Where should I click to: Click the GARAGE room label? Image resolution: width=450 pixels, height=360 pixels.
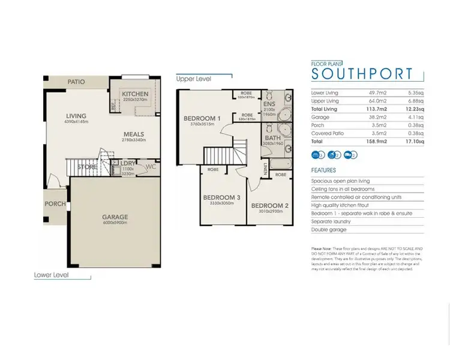coord(115,217)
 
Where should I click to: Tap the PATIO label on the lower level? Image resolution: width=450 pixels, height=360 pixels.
coord(76,82)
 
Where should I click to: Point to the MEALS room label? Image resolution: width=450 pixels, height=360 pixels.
coord(135,134)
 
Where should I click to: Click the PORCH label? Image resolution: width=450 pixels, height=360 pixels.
coord(55,204)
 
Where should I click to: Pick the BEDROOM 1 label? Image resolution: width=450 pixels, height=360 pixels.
coord(202,119)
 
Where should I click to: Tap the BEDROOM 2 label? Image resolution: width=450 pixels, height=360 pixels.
coord(269,205)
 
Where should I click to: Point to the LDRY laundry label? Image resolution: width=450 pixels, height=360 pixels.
coord(128,163)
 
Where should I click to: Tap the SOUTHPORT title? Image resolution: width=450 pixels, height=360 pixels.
coord(362,74)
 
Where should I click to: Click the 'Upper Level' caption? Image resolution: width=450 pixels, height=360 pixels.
coord(194,79)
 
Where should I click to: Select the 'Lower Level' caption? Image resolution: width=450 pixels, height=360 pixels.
coord(52,275)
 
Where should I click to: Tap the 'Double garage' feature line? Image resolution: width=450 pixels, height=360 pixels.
coord(330,230)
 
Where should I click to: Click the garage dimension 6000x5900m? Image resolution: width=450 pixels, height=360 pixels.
coord(115,223)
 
